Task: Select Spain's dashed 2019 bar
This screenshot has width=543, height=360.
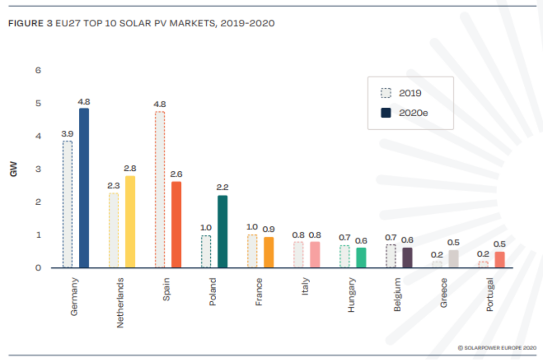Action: coord(159,190)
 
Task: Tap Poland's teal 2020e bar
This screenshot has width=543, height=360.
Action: coord(222,231)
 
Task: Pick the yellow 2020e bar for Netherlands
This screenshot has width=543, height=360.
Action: coord(130,222)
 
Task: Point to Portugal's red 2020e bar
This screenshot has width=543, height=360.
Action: coord(500,259)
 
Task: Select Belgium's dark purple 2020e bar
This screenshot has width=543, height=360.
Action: coord(407,257)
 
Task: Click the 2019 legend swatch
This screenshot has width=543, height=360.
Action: coord(386,93)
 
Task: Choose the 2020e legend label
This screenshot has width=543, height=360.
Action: coord(413,113)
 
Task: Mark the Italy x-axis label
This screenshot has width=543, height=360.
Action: coord(306,287)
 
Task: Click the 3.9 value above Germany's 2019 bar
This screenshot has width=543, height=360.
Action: coord(68,134)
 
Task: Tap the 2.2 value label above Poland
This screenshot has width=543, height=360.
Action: coord(222,188)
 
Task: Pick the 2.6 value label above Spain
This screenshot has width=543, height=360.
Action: coord(176,174)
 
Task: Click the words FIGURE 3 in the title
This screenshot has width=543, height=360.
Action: coord(26,24)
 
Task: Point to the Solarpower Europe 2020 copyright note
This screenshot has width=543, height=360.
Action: coord(497,347)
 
